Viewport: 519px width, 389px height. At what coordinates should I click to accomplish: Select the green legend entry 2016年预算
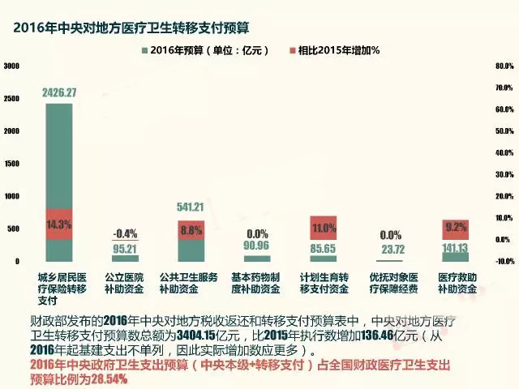click(x=191, y=50)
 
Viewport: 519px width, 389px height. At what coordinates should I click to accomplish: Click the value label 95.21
click(x=126, y=250)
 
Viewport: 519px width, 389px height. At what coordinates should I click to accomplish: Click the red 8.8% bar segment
click(x=191, y=229)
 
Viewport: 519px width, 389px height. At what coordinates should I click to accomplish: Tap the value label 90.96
click(x=257, y=246)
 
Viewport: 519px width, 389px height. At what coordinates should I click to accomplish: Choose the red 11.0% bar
click(x=324, y=229)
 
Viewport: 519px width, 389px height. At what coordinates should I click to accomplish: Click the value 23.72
click(x=390, y=250)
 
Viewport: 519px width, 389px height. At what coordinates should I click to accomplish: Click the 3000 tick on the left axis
click(x=11, y=66)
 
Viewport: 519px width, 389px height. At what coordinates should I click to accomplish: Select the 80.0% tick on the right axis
click(x=504, y=66)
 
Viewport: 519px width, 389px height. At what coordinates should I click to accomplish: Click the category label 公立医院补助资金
click(x=126, y=283)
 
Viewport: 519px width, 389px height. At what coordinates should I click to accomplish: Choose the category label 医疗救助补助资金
click(x=456, y=283)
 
